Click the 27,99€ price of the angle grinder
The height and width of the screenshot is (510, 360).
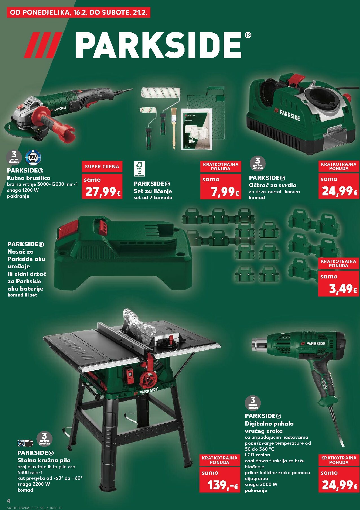click(103, 192)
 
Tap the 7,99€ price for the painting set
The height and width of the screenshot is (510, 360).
click(225, 192)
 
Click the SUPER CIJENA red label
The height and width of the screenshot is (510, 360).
click(102, 167)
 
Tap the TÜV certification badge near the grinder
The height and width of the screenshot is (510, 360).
click(33, 157)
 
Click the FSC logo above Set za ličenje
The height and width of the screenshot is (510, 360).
click(139, 169)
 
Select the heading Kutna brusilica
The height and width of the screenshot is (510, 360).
click(29, 178)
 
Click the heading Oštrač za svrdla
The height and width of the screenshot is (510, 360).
click(273, 185)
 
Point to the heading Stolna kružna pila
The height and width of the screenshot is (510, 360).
click(44, 460)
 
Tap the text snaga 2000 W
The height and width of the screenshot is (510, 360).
click(261, 484)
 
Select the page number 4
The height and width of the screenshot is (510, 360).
click(8, 501)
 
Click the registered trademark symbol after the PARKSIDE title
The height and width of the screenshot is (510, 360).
click(247, 35)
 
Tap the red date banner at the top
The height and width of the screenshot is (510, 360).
click(79, 13)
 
